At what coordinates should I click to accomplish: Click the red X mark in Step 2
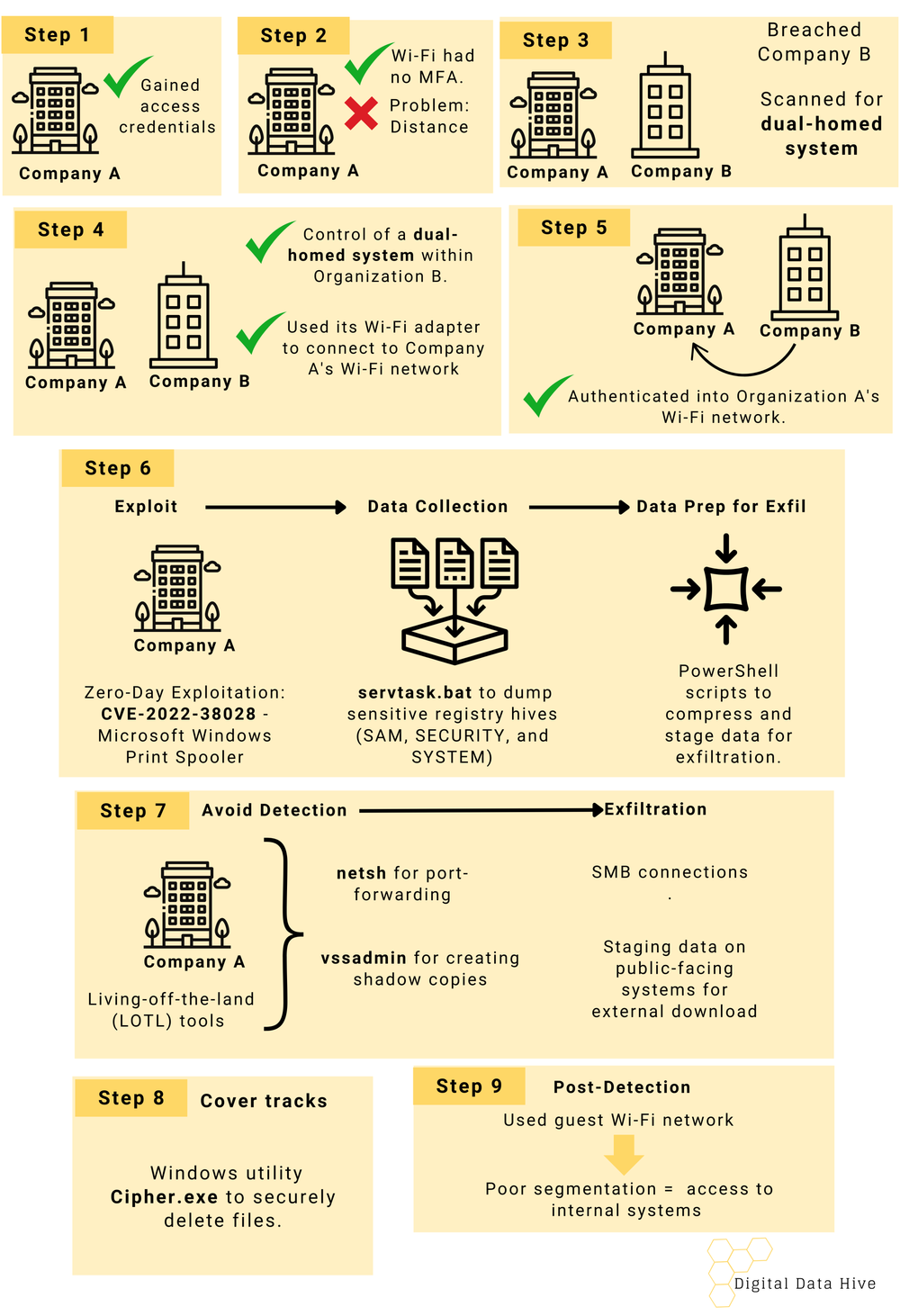pos(361,113)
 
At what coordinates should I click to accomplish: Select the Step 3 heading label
pos(555,41)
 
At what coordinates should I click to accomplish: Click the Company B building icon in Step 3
pos(665,106)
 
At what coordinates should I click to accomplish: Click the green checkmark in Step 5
pos(546,395)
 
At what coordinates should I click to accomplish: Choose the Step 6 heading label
pos(117,468)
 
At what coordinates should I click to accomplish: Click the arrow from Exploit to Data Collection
pos(275,508)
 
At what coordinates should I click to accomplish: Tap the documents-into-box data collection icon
pos(454,599)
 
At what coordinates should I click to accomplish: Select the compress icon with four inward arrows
pos(726,590)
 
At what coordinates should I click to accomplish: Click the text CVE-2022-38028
pos(178,714)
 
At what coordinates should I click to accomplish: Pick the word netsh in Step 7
pos(362,873)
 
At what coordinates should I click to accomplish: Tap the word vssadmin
pos(364,958)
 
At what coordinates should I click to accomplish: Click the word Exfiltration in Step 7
pos(655,809)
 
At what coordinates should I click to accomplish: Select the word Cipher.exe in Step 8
pos(164,1197)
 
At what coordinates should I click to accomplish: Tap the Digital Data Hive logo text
pos(805,1284)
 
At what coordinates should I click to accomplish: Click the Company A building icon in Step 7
pos(187,905)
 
